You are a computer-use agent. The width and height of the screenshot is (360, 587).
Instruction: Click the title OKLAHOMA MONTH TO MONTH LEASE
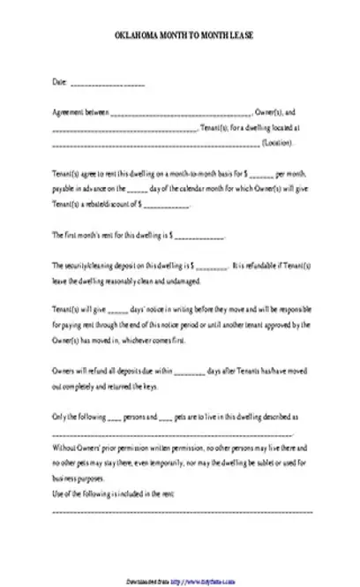[180, 55]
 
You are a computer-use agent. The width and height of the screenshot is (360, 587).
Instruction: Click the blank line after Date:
[107, 84]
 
